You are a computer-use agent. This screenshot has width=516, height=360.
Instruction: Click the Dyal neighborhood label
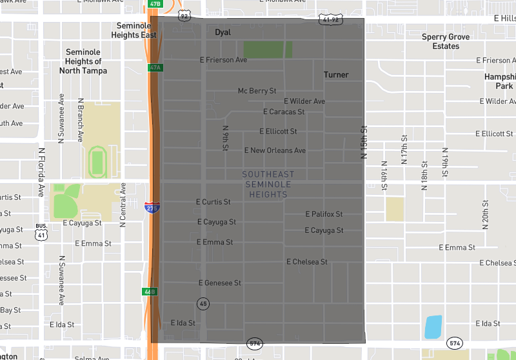pos(223,32)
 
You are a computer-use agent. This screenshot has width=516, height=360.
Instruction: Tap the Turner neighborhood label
pos(336,75)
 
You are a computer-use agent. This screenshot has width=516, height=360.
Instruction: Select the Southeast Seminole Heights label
pos(268,184)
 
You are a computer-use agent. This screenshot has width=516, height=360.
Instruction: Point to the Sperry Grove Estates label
pos(446,41)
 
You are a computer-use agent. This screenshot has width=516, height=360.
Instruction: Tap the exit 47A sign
pos(154,67)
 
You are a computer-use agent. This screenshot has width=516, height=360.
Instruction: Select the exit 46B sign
pos(150,292)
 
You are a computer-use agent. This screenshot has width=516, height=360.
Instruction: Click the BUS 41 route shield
pos(41,231)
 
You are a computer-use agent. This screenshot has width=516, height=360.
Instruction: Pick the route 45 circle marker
pos(203,303)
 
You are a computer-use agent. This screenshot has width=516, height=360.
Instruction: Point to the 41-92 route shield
pos(330,20)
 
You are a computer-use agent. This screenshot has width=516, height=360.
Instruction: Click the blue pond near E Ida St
pos(433,327)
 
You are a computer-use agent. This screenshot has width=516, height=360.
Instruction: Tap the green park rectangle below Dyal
pos(268,50)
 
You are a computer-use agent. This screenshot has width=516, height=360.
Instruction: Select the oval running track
pos(97,160)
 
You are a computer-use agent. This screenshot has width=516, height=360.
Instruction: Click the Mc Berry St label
pos(257,91)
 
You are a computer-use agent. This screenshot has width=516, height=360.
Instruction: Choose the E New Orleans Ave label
pos(275,150)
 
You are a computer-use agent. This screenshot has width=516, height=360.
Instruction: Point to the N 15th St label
pos(364,143)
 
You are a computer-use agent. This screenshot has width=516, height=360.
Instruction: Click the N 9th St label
pos(226,137)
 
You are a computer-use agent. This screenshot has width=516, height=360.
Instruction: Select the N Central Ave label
pos(123,205)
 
